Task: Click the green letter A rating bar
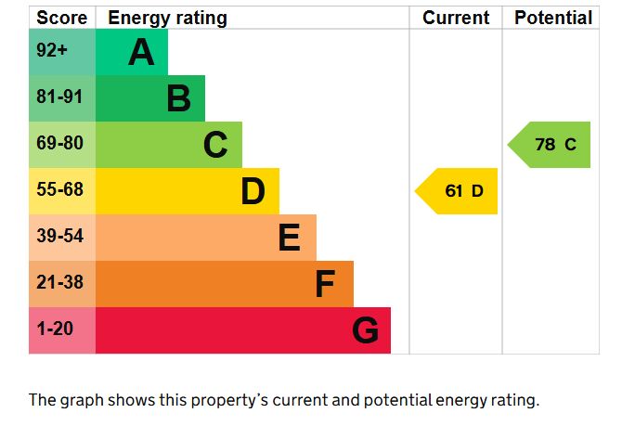pyautogui.click(x=132, y=52)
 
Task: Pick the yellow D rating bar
pyautogui.click(x=187, y=191)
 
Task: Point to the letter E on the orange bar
pyautogui.click(x=290, y=239)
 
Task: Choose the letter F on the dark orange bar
pyautogui.click(x=324, y=284)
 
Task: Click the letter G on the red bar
pyautogui.click(x=366, y=330)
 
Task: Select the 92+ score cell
pyautogui.click(x=52, y=52)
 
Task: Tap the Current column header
pyautogui.click(x=456, y=18)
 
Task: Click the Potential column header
pyautogui.click(x=552, y=18)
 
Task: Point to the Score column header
pyautogui.click(x=62, y=18)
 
